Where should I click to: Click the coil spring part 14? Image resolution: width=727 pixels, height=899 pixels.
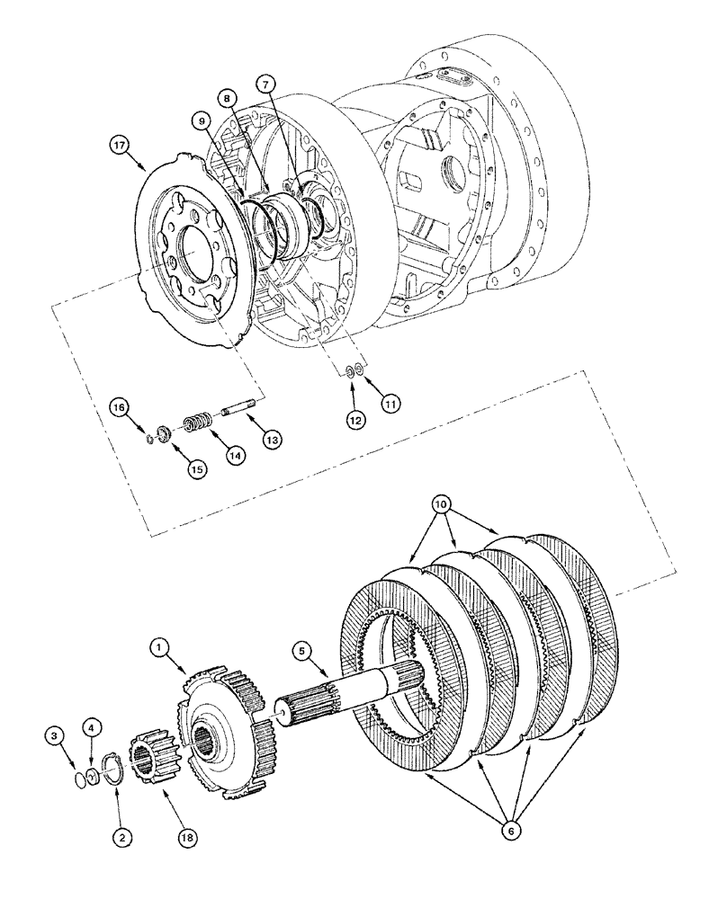click(x=196, y=422)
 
